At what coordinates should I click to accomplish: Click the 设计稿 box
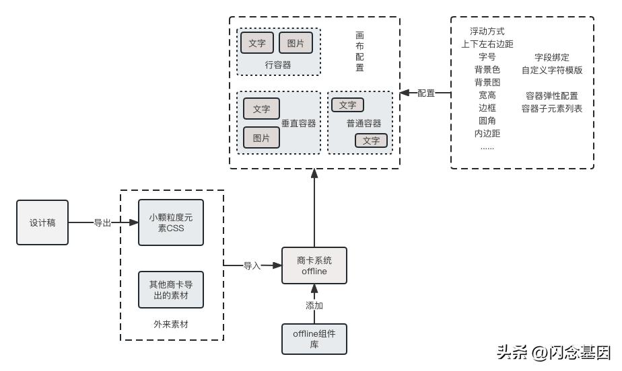click(x=42, y=222)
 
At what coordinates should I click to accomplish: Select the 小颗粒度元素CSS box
click(x=170, y=222)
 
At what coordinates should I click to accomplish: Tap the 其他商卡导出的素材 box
click(x=170, y=290)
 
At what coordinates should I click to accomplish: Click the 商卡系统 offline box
click(x=314, y=265)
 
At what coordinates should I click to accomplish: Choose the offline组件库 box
click(x=314, y=339)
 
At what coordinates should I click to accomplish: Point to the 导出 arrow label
click(x=102, y=223)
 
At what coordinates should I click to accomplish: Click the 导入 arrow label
click(x=252, y=266)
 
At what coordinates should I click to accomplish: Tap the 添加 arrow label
click(x=314, y=305)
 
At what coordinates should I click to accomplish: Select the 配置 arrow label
click(x=426, y=93)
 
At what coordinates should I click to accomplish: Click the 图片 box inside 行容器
click(x=296, y=43)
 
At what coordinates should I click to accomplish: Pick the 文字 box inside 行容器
click(x=257, y=43)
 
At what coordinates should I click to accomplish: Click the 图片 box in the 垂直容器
click(x=261, y=138)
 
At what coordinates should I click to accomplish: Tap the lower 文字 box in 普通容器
click(x=371, y=140)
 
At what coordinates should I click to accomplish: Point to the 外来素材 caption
click(x=171, y=324)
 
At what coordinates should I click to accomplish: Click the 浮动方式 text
click(x=487, y=32)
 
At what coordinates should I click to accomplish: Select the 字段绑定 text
click(x=552, y=57)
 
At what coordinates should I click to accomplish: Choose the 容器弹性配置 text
click(x=552, y=95)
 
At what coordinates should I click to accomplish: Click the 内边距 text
click(x=487, y=133)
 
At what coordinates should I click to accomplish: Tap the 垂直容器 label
click(x=298, y=124)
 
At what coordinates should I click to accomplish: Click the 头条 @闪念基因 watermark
click(x=553, y=352)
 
